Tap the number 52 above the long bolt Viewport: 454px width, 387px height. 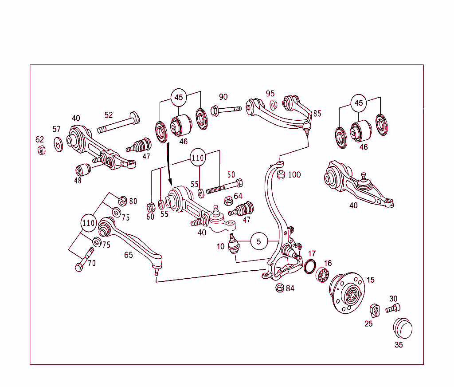pos(109,115)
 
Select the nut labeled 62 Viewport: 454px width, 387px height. pos(41,150)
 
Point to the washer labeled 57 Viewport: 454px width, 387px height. pos(58,144)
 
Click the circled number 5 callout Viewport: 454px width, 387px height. pos(260,241)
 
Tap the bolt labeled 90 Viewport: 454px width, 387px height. pos(225,109)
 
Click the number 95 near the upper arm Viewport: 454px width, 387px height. pos(270,94)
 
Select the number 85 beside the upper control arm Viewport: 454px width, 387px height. pos(317,114)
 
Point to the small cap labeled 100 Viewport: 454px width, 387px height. pos(280,176)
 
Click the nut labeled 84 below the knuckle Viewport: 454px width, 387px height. pos(279,288)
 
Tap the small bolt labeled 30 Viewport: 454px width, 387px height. pos(393,308)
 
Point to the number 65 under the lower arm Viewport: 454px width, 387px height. pos(128,255)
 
